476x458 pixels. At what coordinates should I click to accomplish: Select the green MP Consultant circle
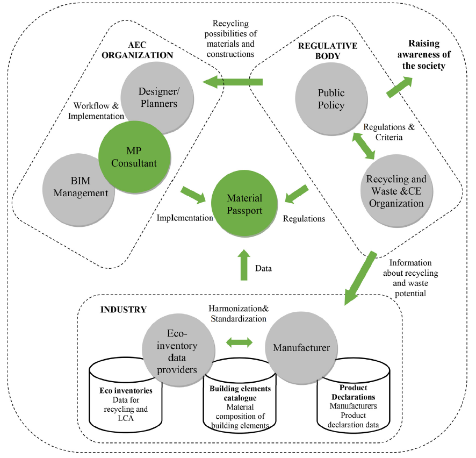point(133,156)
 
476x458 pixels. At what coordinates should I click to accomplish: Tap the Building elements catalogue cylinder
point(240,411)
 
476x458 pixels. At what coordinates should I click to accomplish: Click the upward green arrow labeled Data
point(243,264)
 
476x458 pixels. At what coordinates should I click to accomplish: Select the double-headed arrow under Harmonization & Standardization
point(239,342)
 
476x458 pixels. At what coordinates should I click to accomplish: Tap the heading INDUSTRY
point(123,310)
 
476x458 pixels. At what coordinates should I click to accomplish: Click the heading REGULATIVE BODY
point(327,51)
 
